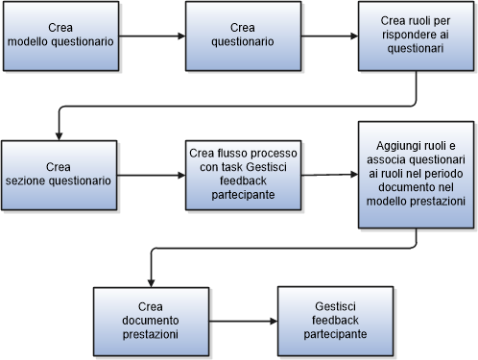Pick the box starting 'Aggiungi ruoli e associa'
[415, 174]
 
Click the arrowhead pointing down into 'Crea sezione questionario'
[60, 135]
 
